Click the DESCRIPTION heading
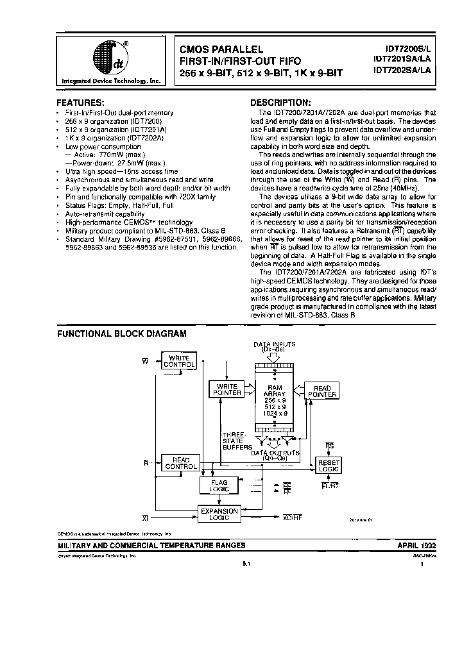(280, 103)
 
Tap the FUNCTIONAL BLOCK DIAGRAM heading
(122, 333)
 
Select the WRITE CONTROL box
(180, 360)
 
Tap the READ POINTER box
(321, 391)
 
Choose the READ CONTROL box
(181, 463)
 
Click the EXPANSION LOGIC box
(219, 514)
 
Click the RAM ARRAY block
(275, 401)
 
